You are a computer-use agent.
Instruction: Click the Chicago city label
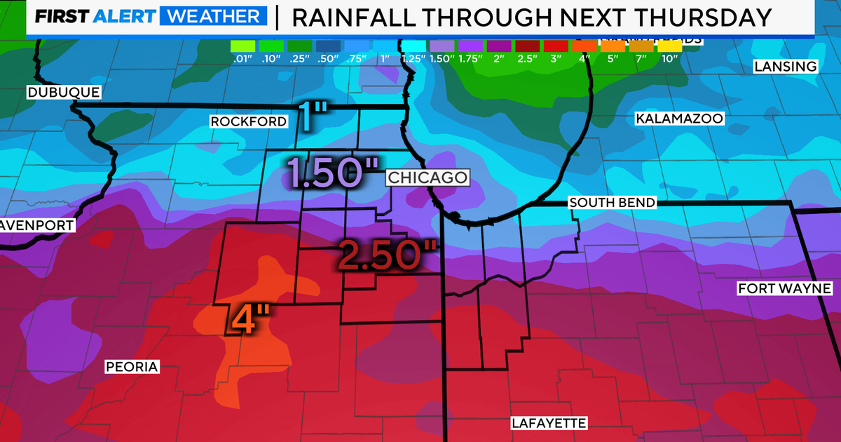coord(428,178)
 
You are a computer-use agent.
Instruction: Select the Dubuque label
coord(64,93)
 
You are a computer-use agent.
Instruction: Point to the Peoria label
coord(132,367)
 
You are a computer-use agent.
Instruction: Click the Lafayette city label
coord(548,423)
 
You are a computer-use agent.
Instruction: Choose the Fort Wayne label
coord(784,289)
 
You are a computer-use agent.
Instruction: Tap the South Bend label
coord(613,203)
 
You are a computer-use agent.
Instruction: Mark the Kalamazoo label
coord(678,119)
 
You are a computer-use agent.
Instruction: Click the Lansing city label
coord(785,67)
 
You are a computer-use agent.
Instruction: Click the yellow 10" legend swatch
coord(668,46)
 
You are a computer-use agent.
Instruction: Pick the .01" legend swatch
coord(241,46)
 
